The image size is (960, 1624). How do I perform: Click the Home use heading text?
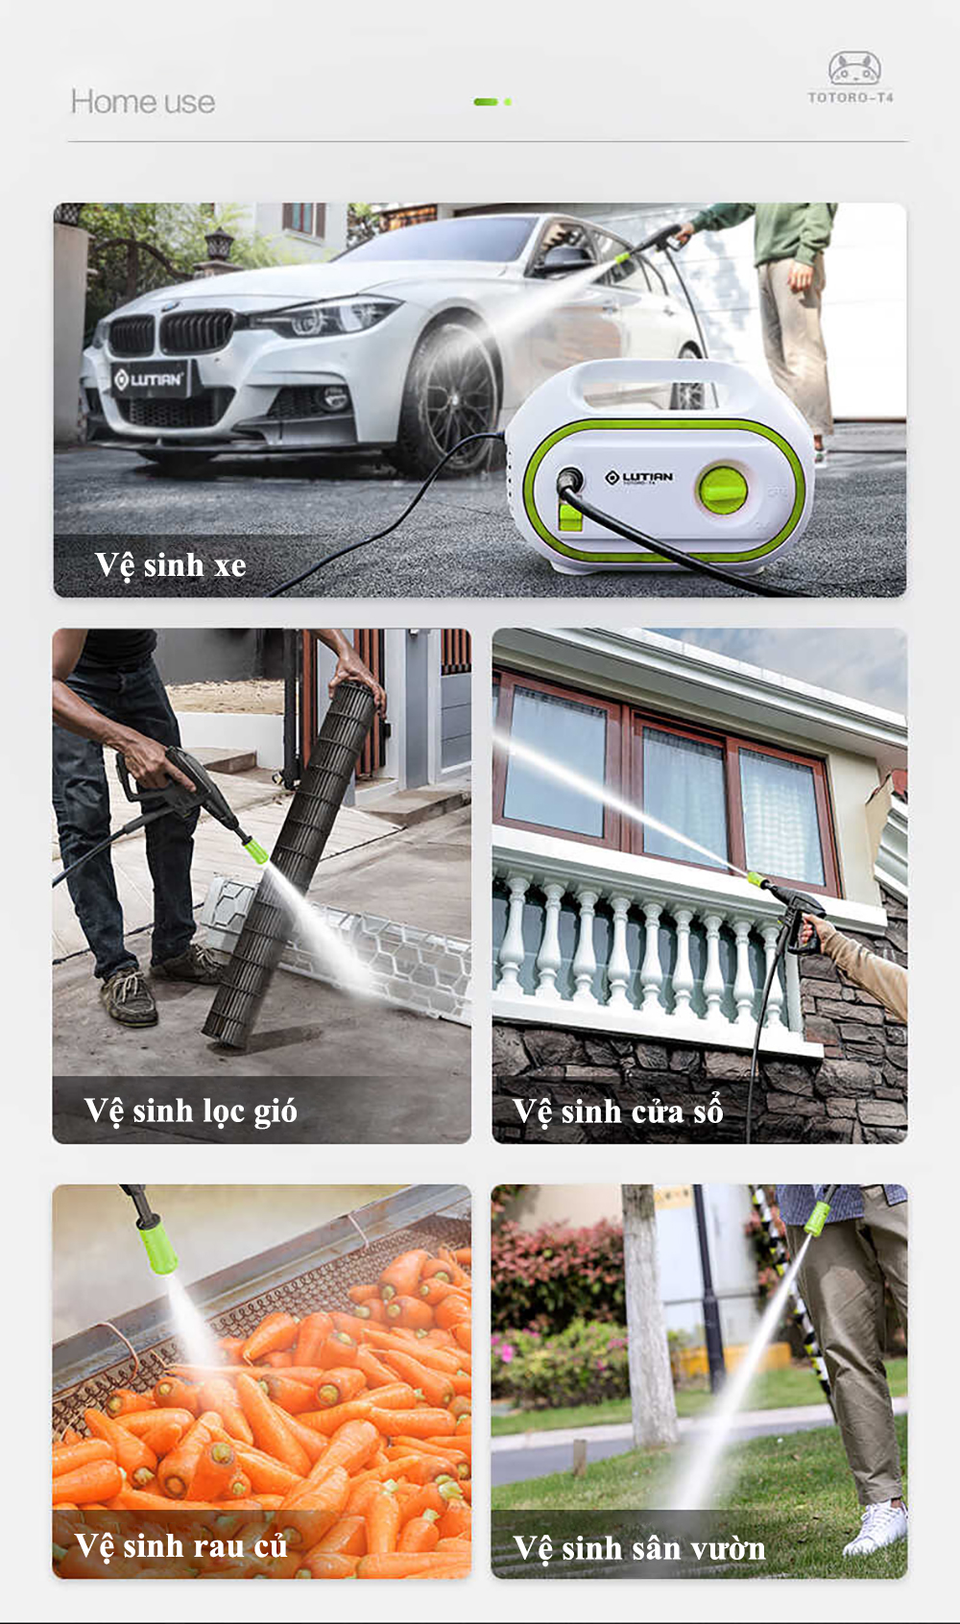pyautogui.click(x=143, y=103)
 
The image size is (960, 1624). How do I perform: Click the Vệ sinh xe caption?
pyautogui.click(x=170, y=565)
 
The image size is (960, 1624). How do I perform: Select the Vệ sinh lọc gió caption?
pyautogui.click(x=190, y=1111)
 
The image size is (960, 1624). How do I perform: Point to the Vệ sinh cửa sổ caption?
pyautogui.click(x=618, y=1111)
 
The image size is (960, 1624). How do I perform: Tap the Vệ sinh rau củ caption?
pyautogui.click(x=180, y=1545)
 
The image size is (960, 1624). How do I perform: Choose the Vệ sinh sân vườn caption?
pyautogui.click(x=638, y=1548)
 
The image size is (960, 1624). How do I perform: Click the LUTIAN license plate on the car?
pyautogui.click(x=150, y=379)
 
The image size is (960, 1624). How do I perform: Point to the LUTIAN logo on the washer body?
pyautogui.click(x=638, y=477)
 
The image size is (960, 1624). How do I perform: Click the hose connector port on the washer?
pyautogui.click(x=568, y=479)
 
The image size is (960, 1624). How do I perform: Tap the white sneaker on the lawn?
pyautogui.click(x=876, y=1528)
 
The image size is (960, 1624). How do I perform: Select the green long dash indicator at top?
pyautogui.click(x=486, y=103)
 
